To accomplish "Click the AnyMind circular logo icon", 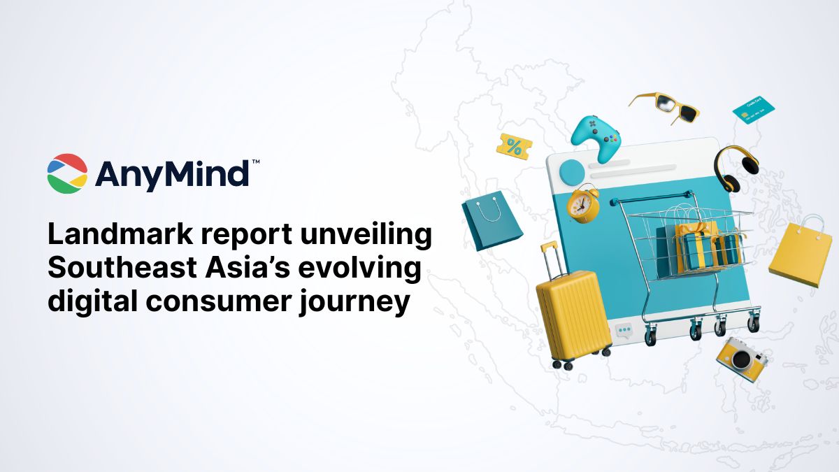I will (67, 173).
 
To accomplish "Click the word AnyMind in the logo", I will (172, 173).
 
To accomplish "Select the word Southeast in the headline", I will (121, 270).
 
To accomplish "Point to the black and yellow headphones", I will (736, 168).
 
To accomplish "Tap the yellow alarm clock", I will (582, 203).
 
